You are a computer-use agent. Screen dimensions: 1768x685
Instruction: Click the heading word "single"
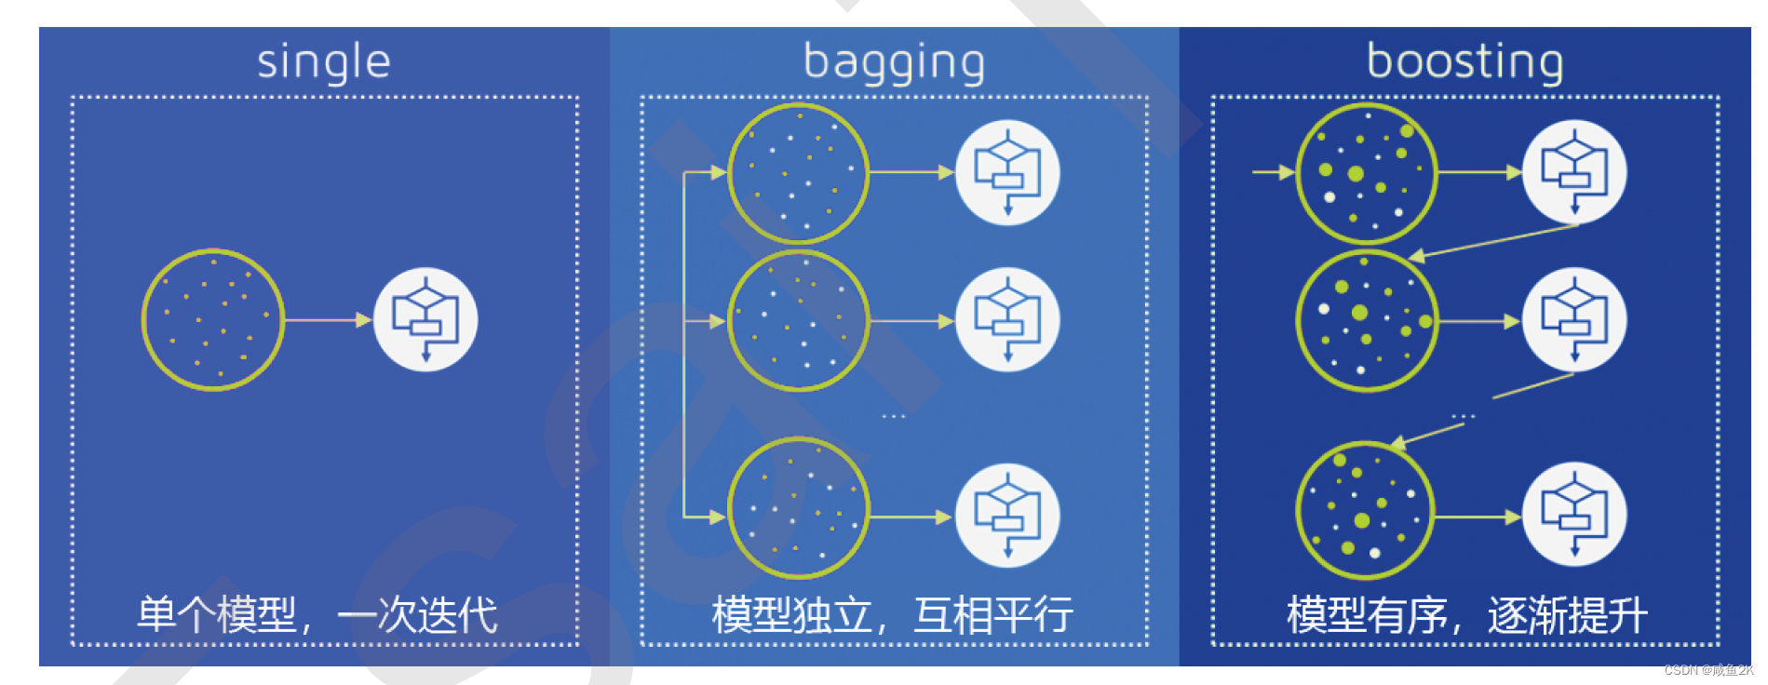(323, 62)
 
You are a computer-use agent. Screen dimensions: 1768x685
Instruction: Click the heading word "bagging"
(894, 62)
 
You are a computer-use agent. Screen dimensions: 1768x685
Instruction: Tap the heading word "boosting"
(1464, 61)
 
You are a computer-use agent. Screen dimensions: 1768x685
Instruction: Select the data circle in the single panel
(213, 319)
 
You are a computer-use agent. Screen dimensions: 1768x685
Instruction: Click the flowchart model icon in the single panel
(425, 319)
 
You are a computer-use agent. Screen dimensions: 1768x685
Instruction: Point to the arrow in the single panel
(328, 319)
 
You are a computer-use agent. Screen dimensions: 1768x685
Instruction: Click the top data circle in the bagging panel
(799, 173)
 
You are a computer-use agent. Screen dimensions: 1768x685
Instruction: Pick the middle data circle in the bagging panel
(799, 320)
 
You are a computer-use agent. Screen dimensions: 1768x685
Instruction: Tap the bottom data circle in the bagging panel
(799, 508)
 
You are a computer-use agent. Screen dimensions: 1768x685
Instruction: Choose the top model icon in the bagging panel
(1007, 172)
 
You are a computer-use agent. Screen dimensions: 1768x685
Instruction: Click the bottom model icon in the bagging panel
(1007, 516)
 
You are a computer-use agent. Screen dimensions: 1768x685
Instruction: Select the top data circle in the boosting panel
(1367, 173)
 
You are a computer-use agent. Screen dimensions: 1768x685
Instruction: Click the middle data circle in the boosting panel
(1367, 320)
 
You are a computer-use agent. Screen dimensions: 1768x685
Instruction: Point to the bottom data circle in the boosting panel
(1366, 511)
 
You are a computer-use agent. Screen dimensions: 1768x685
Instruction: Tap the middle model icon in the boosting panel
(1574, 320)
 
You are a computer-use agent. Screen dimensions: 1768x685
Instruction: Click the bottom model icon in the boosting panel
(1574, 515)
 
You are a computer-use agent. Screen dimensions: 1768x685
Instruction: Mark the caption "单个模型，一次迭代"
(317, 615)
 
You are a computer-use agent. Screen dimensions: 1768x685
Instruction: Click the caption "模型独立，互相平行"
(892, 615)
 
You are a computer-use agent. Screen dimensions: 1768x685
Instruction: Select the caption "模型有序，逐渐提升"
(1466, 615)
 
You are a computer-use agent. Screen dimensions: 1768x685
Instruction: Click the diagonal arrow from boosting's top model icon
(1494, 240)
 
